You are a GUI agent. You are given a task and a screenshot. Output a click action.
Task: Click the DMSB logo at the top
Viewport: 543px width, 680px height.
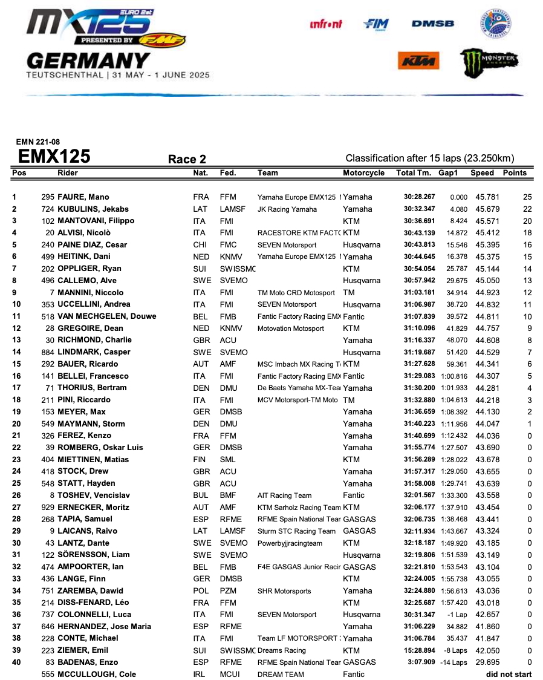click(x=432, y=24)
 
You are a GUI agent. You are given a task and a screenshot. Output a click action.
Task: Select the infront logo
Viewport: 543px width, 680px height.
click(x=326, y=24)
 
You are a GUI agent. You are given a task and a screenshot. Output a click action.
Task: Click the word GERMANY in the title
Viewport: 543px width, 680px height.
click(x=88, y=61)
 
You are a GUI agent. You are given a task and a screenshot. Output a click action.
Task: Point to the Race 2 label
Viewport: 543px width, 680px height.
click(x=187, y=159)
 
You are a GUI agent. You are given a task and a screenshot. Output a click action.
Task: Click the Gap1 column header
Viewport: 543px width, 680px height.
click(x=448, y=173)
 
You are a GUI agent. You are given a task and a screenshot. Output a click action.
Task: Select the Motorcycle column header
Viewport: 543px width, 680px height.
click(x=363, y=173)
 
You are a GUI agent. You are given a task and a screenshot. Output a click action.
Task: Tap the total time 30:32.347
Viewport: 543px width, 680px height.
click(x=420, y=209)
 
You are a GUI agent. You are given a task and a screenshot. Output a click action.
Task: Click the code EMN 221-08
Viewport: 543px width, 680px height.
click(x=37, y=143)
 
